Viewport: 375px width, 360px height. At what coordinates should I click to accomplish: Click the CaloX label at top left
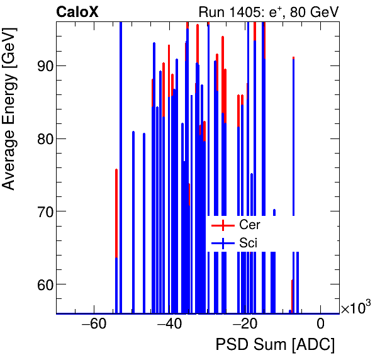(77, 11)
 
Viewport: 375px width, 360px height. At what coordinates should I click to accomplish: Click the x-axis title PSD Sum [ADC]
(275, 345)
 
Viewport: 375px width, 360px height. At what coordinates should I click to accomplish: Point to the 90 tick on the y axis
(38, 65)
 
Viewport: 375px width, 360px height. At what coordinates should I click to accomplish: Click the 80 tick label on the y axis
(38, 138)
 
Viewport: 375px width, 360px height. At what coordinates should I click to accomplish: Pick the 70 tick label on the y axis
(38, 211)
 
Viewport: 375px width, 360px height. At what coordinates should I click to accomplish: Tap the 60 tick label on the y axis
(38, 284)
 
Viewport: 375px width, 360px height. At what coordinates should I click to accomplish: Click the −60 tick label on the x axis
(93, 325)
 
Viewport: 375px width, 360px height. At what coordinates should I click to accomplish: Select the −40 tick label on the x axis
(169, 325)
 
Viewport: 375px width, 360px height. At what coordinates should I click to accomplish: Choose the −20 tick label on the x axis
(244, 325)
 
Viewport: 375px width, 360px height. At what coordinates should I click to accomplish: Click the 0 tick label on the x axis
(320, 325)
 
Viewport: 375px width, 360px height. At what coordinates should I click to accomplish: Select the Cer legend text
(249, 225)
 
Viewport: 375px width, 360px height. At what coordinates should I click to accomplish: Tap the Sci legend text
(248, 242)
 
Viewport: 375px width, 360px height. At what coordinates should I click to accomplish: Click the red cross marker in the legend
(223, 225)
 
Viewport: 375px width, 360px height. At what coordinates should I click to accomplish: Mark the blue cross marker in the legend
(223, 242)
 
